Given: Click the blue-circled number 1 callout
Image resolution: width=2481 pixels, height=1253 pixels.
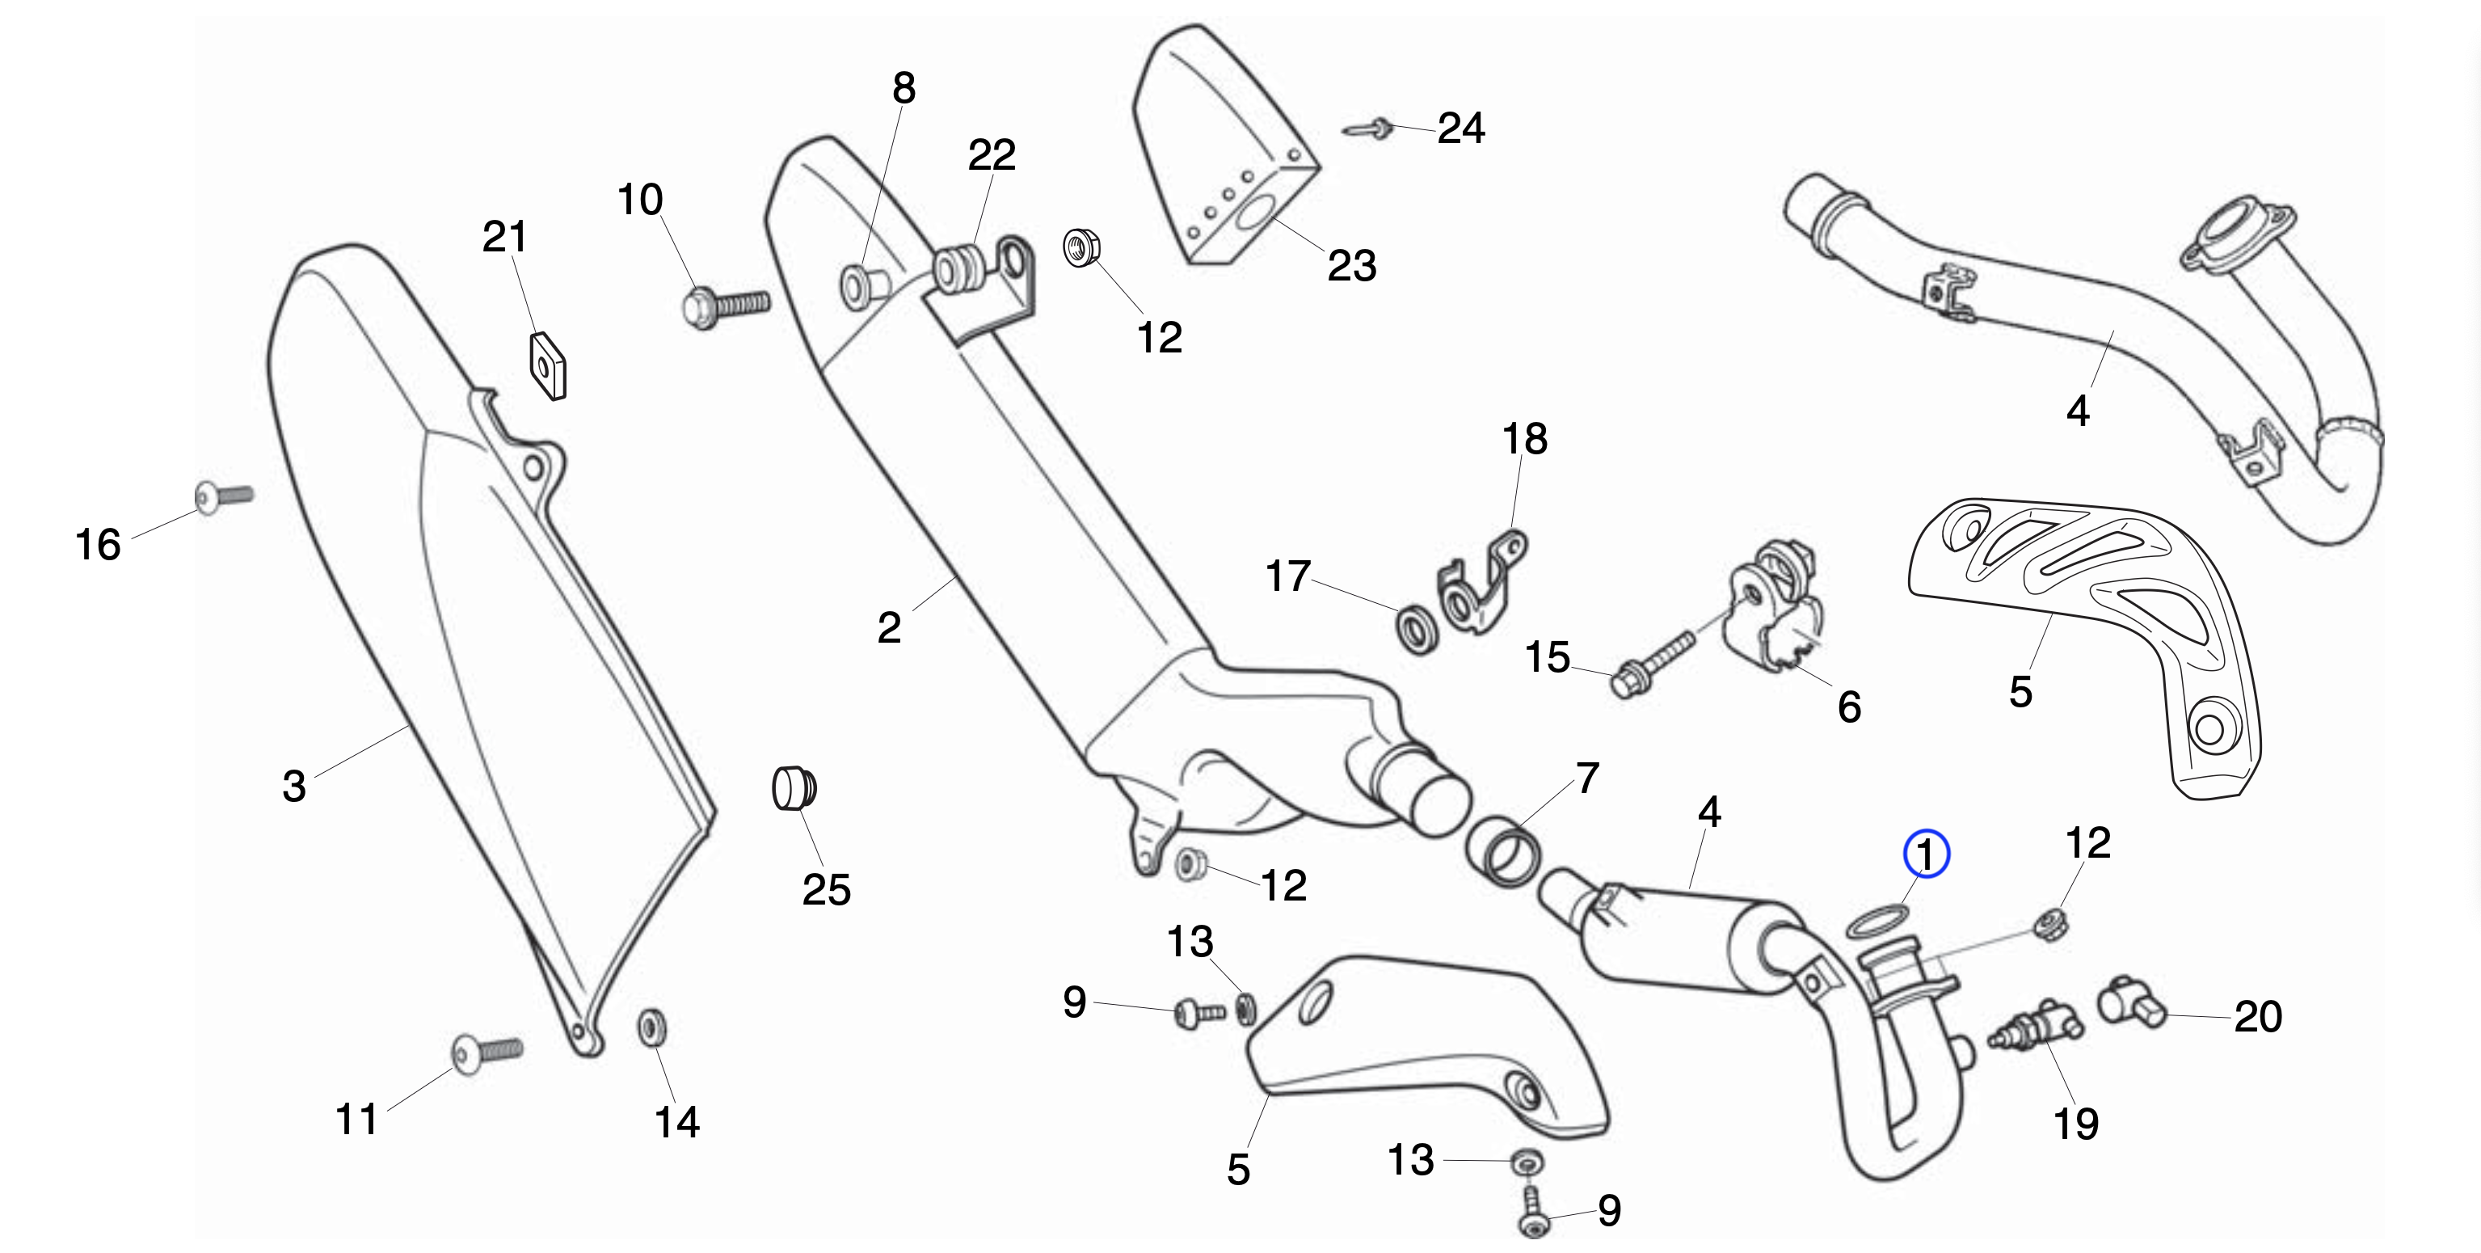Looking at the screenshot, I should tap(1927, 854).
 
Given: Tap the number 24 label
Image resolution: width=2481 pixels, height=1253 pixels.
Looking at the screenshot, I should tap(1461, 128).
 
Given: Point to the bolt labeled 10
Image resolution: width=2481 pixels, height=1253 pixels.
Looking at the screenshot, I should tap(724, 306).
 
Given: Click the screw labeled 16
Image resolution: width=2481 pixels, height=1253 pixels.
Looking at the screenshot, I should tap(223, 496).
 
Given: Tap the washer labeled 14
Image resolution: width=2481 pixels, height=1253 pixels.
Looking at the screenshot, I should tap(652, 1027).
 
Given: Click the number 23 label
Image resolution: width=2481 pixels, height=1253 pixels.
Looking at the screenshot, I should tap(1351, 266).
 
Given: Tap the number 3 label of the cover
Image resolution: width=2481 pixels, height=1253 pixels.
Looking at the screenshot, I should tap(293, 786).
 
